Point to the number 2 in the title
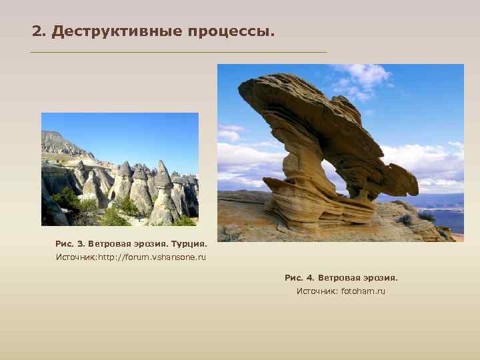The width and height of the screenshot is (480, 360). pyautogui.click(x=37, y=32)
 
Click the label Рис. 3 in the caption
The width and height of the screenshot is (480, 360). pyautogui.click(x=67, y=243)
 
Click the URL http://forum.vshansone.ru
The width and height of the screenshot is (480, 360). pyautogui.click(x=152, y=257)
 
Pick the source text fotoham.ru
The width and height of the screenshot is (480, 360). pyautogui.click(x=363, y=291)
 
